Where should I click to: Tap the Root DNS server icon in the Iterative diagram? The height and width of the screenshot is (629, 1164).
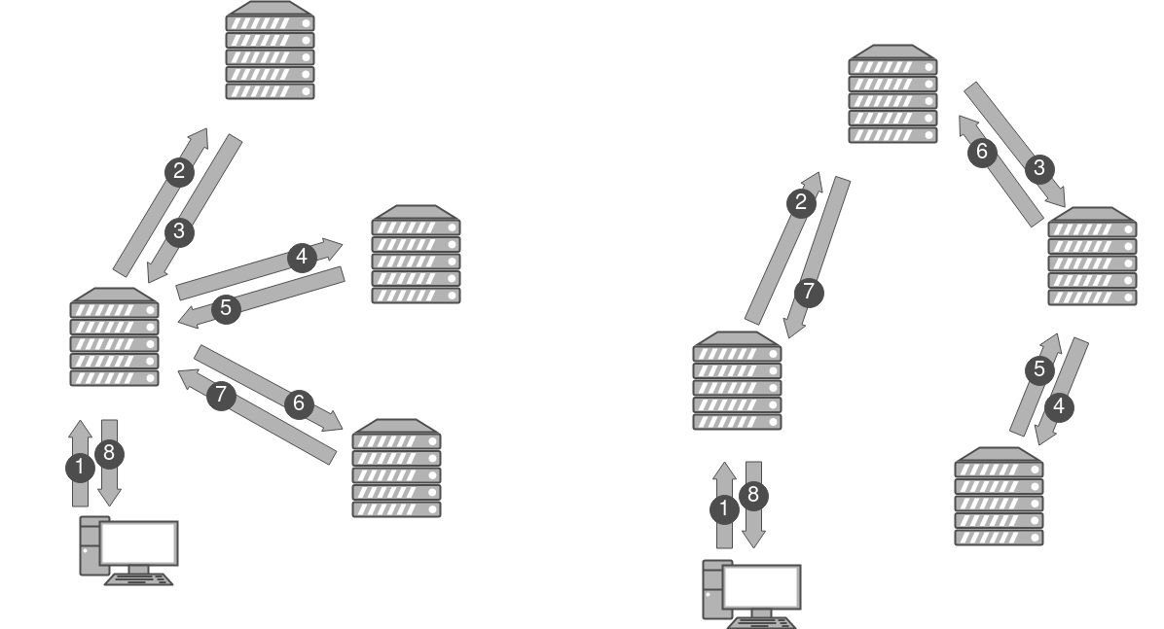click(x=270, y=51)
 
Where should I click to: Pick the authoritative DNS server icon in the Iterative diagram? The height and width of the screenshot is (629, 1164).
click(x=396, y=470)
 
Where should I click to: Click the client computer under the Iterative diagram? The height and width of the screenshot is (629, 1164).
click(x=129, y=551)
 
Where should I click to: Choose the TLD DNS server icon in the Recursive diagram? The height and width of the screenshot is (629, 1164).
click(x=1092, y=258)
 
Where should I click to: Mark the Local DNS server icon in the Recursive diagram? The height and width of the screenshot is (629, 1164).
click(x=737, y=382)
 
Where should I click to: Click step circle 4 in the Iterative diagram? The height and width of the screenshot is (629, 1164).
click(x=302, y=258)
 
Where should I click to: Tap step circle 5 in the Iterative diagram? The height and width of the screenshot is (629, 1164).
click(x=226, y=309)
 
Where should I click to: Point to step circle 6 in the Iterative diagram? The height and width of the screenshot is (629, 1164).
click(x=299, y=402)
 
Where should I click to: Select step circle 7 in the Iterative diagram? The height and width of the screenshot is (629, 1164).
click(x=222, y=395)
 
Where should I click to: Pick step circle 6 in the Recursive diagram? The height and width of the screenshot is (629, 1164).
click(x=981, y=152)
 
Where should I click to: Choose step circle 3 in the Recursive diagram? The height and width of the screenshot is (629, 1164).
click(x=1039, y=168)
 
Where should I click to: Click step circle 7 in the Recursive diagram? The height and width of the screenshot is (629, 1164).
click(x=807, y=290)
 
